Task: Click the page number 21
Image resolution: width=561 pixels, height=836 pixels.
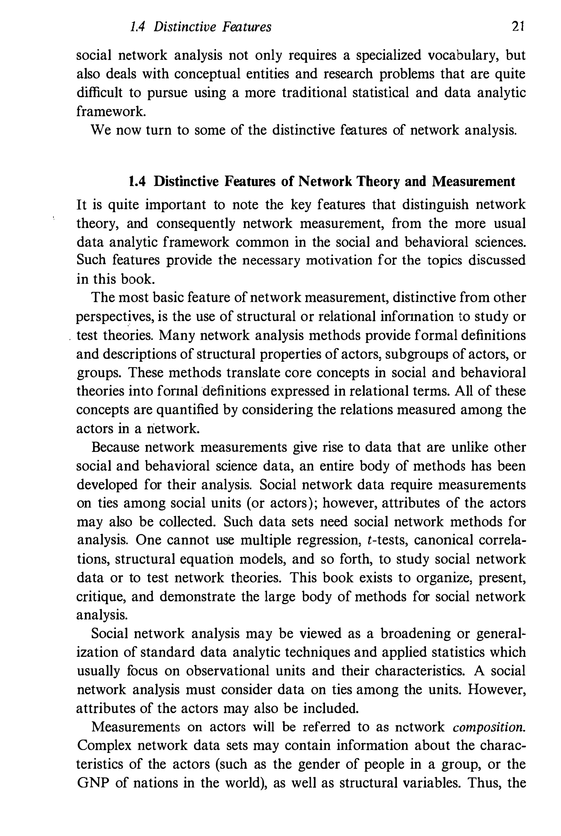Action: pyautogui.click(x=518, y=27)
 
